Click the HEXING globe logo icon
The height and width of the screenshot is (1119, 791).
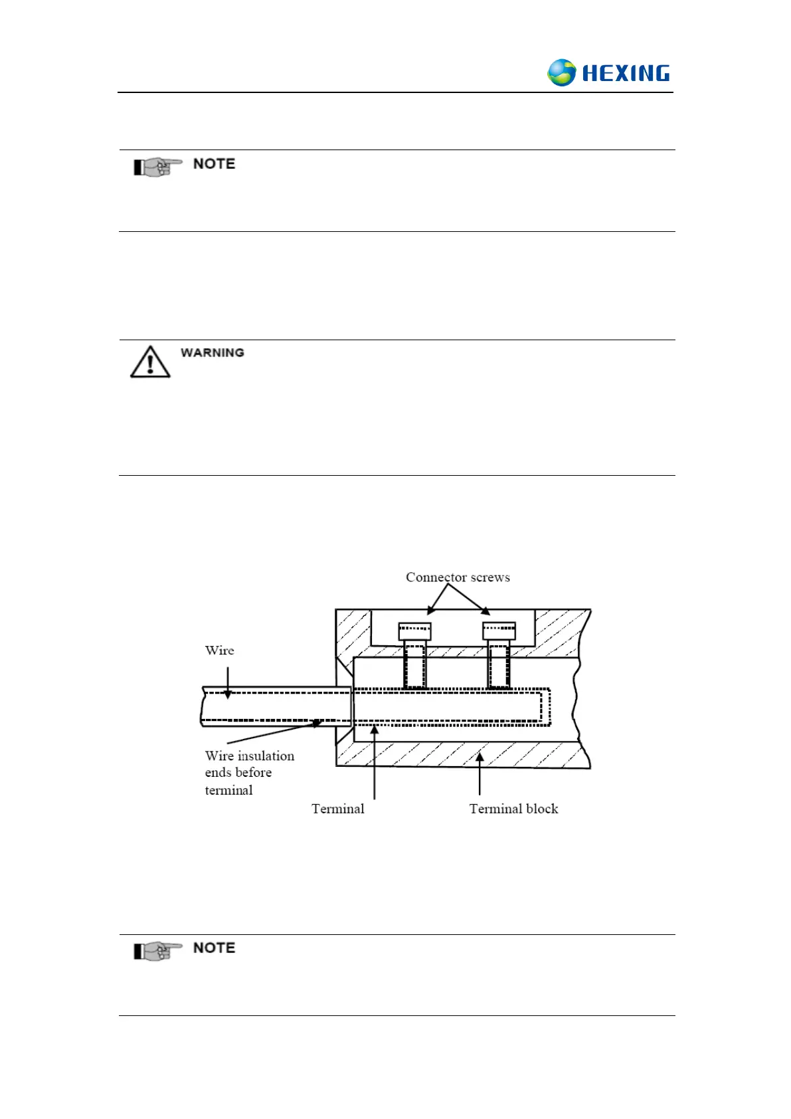tap(561, 72)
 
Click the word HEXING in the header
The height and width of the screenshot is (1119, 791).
tap(626, 73)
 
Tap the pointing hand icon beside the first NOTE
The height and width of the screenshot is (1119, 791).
tap(157, 166)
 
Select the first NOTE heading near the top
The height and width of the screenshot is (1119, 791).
tap(214, 164)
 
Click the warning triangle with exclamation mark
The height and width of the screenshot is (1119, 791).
tap(150, 362)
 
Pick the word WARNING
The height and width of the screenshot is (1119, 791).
tap(212, 353)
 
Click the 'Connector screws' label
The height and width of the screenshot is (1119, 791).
tap(458, 577)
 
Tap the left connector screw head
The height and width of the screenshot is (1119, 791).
tap(414, 631)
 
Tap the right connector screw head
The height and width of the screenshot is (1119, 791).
tap(499, 631)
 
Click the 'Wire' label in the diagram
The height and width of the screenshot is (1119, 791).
tap(219, 651)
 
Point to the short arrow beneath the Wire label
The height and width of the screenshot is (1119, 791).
tap(228, 682)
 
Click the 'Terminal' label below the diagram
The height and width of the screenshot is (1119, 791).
tap(338, 809)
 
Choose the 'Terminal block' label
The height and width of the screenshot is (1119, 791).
tap(513, 809)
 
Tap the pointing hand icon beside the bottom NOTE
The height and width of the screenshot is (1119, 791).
tap(157, 951)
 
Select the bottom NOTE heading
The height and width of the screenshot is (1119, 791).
tap(214, 948)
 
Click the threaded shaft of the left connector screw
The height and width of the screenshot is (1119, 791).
tap(414, 664)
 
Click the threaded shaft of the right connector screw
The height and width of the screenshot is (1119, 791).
tap(499, 664)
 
